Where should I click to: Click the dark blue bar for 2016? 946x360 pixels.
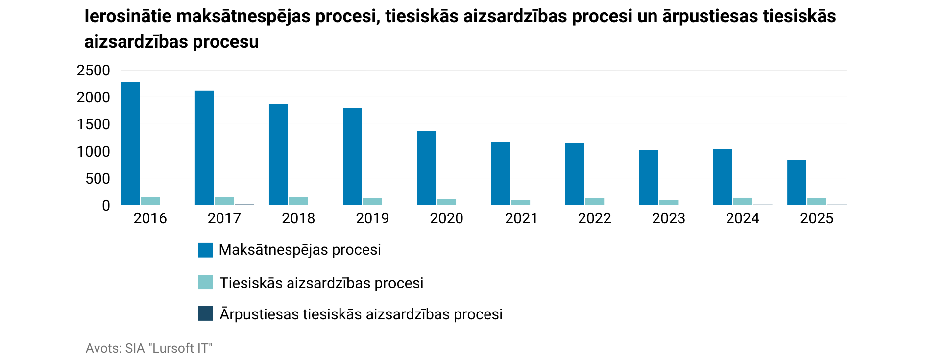170,205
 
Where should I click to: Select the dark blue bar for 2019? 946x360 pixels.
392,205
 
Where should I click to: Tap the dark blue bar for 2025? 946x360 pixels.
837,204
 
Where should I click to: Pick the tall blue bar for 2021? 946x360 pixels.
500,173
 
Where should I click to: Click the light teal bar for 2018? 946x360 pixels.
298,201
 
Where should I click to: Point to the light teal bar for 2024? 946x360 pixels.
743,201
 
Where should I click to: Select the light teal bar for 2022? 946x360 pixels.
594,201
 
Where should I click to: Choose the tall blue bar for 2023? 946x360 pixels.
649,178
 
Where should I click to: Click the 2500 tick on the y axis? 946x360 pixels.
94,71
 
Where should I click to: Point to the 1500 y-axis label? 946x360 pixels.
94,124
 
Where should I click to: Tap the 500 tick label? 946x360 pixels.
97,179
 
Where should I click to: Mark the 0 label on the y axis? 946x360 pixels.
106,206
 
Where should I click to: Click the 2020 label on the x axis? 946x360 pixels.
446,218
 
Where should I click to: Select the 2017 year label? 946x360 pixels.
224,218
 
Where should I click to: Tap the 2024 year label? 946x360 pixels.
742,218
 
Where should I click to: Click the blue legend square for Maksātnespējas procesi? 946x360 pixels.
205,250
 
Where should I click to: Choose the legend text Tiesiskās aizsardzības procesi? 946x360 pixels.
321,283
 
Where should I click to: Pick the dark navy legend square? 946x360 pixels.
205,313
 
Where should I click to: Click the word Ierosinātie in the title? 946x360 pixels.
128,17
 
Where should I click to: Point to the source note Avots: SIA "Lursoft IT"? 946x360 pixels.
149,348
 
